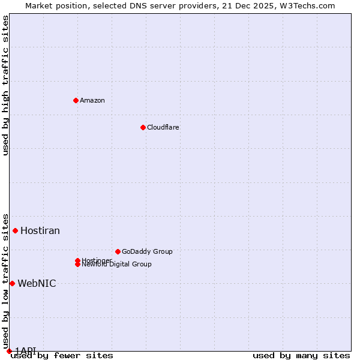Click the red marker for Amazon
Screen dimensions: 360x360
[x=76, y=100]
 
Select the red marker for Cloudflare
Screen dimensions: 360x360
[x=143, y=127]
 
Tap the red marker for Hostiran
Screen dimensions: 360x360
[x=15, y=230]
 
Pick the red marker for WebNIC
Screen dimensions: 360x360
[x=12, y=283]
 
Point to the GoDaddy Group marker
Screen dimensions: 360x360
[x=118, y=251]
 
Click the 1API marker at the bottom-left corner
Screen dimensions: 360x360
[x=9, y=351]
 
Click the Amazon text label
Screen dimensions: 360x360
[x=92, y=100]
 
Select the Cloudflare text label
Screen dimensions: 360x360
[x=163, y=127]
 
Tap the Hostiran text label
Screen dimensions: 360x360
[x=40, y=230]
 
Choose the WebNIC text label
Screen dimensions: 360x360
[x=37, y=283]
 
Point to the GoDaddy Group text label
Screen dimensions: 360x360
[x=147, y=251]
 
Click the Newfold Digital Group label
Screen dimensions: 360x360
[x=116, y=264]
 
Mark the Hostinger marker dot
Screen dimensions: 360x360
[x=77, y=260]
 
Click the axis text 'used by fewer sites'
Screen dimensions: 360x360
[x=62, y=355]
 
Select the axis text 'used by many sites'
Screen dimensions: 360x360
[x=301, y=355]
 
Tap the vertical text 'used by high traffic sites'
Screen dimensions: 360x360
[x=5, y=85]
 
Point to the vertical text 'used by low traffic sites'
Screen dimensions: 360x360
[x=5, y=277]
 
